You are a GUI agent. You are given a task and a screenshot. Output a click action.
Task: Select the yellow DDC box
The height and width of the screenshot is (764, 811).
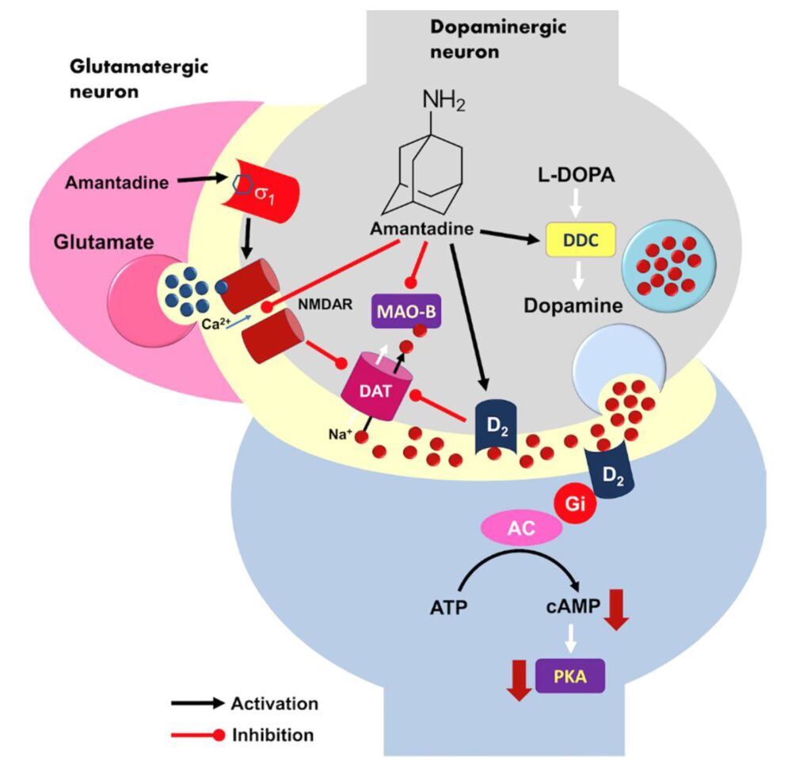pos(581,238)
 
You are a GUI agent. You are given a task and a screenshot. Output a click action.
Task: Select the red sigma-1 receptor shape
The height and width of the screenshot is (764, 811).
pos(257,191)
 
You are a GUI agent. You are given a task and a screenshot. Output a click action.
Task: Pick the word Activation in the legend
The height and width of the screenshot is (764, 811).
pos(274,703)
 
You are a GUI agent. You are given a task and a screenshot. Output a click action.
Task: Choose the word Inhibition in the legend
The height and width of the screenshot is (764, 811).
pos(272,734)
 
